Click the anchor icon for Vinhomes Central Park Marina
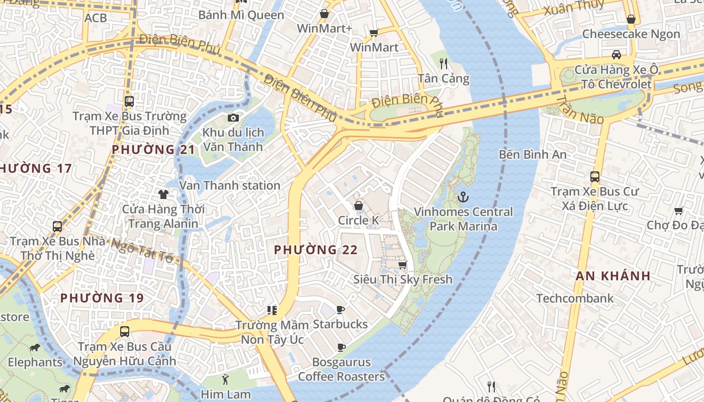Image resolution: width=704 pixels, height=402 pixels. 463,196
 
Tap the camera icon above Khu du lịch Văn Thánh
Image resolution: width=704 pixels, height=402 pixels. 233,118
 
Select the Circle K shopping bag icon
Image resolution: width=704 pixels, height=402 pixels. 359,205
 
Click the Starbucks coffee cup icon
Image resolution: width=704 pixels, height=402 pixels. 340,310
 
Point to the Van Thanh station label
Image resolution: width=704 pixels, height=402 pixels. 230,185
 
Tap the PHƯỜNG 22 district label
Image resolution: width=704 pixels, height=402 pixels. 315,250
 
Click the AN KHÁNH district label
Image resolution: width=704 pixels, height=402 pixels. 613,276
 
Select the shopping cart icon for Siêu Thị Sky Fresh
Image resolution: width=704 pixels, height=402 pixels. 402,264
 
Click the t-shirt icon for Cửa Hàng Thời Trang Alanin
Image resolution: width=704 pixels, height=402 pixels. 163,194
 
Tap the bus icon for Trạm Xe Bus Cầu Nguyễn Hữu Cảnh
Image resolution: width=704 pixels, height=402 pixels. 125,332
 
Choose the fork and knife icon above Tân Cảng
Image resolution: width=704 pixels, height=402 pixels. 443,63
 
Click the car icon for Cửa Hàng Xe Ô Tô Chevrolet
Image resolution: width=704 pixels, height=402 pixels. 616,54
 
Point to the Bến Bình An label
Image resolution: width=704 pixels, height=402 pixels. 533,154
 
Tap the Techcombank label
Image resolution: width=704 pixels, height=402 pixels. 575,298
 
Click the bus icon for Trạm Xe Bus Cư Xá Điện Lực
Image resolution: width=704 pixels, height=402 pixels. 595,176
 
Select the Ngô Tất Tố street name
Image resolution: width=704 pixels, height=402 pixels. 141,250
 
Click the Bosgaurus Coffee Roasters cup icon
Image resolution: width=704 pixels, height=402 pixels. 341,347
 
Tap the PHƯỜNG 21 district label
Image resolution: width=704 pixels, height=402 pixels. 153,150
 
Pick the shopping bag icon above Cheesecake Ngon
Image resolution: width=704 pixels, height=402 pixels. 631,19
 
